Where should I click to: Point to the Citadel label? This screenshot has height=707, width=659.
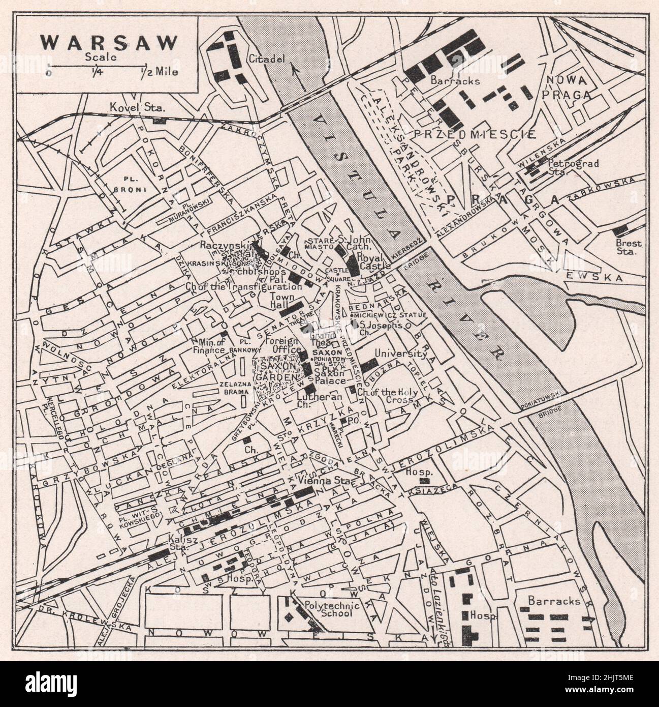click(264, 59)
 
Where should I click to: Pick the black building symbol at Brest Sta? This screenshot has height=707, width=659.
click(621, 229)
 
